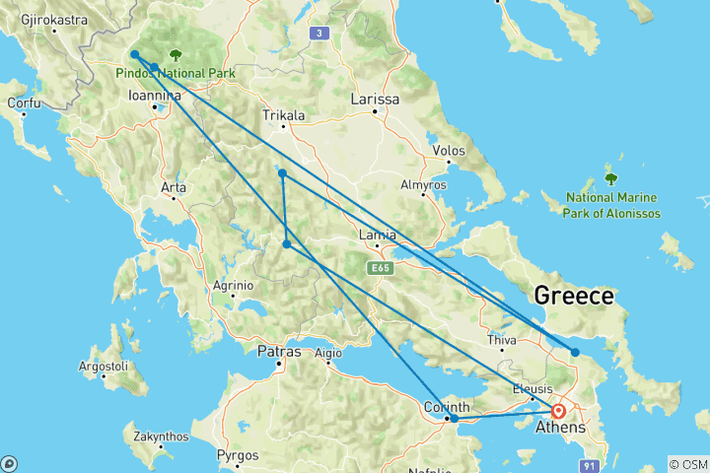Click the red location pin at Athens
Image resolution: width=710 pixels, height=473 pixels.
[558, 411]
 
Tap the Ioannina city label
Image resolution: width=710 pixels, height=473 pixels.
[155, 96]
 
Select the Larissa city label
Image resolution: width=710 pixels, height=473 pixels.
[376, 100]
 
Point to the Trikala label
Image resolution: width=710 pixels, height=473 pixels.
[284, 115]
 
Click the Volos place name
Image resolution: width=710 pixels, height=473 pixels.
[449, 151]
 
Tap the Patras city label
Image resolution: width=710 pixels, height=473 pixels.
[279, 350]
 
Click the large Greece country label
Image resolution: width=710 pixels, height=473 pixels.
[574, 296]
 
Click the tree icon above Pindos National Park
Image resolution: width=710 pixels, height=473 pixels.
[176, 56]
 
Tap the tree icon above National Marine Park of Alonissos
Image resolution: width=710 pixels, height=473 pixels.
[610, 178]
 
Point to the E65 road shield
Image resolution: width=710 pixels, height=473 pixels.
[381, 267]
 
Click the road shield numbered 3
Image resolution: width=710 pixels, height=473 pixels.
[318, 34]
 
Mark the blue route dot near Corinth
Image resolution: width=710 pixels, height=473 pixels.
[455, 419]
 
